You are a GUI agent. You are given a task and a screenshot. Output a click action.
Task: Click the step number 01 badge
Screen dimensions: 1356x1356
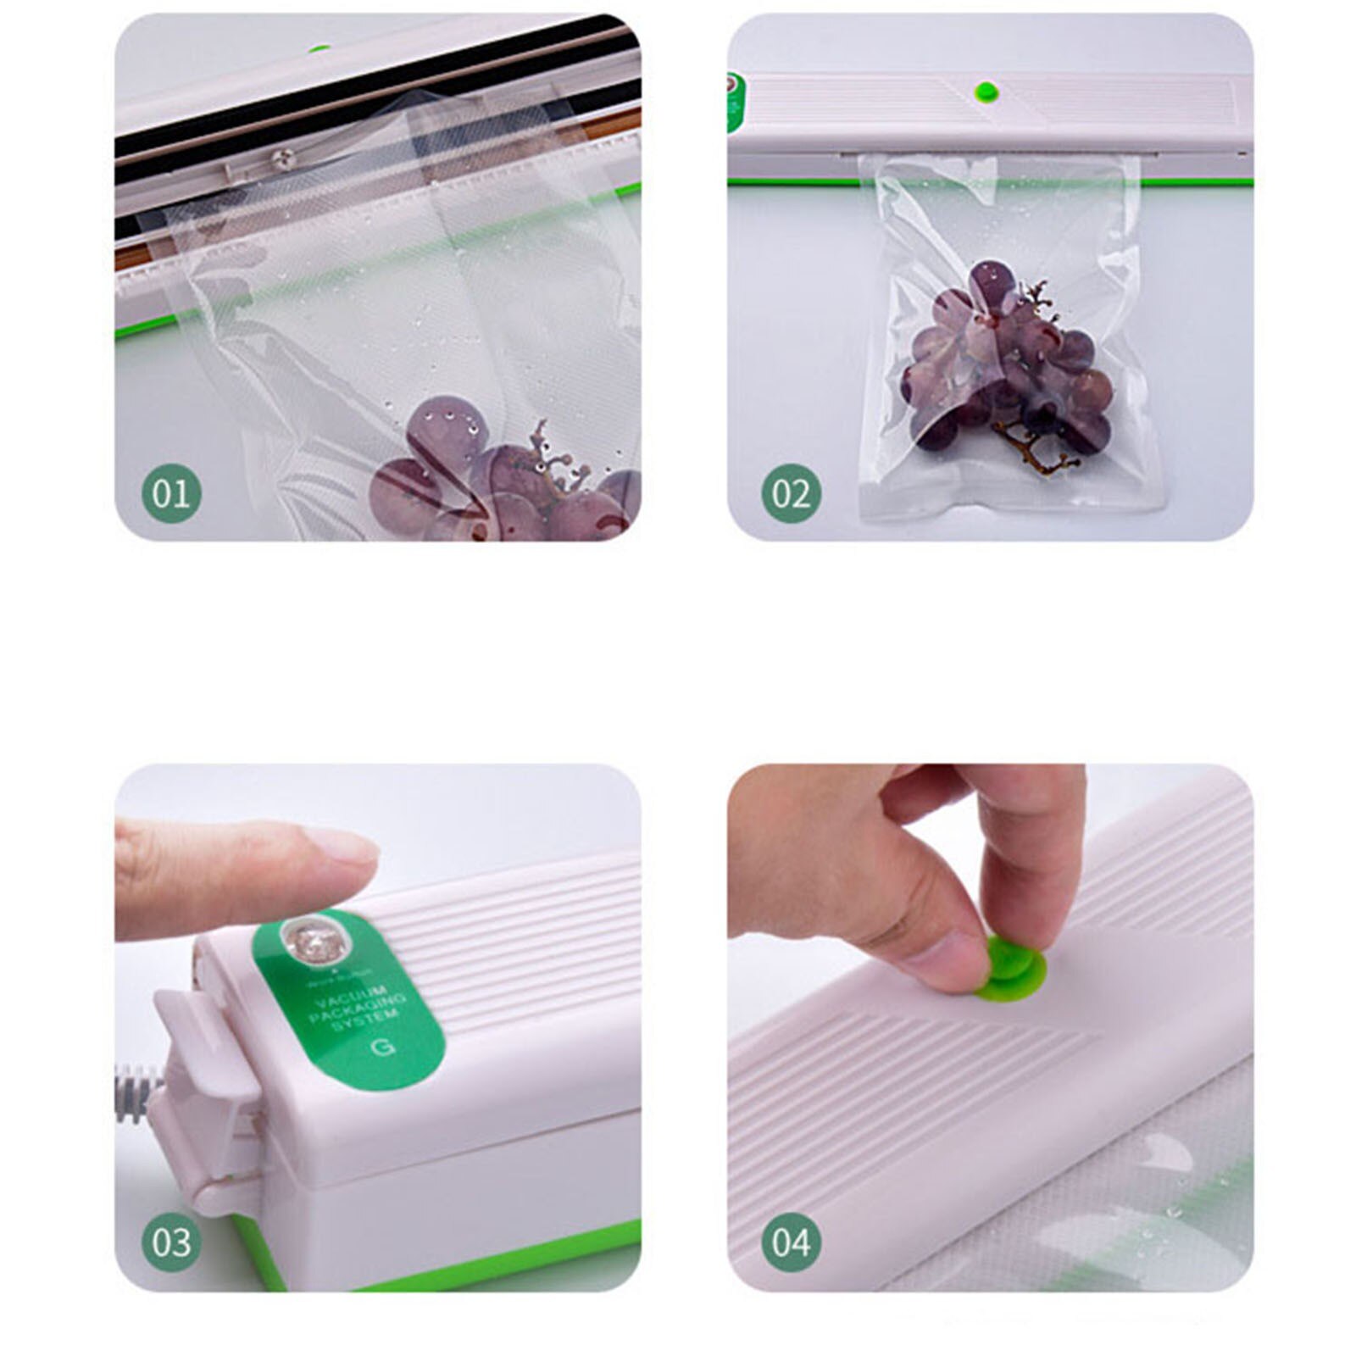click(172, 493)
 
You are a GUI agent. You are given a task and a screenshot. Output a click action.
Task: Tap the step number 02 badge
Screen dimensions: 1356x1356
click(790, 493)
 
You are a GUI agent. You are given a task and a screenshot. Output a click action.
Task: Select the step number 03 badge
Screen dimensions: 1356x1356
click(172, 1242)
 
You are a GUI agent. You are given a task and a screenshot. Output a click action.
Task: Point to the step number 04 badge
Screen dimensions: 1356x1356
click(790, 1242)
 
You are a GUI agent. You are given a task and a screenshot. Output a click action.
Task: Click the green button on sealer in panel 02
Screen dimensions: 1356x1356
click(986, 92)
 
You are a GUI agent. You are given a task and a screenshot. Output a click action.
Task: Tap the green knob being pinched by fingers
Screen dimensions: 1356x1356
click(1014, 964)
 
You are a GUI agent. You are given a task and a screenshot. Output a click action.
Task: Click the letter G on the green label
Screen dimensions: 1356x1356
click(384, 1048)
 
